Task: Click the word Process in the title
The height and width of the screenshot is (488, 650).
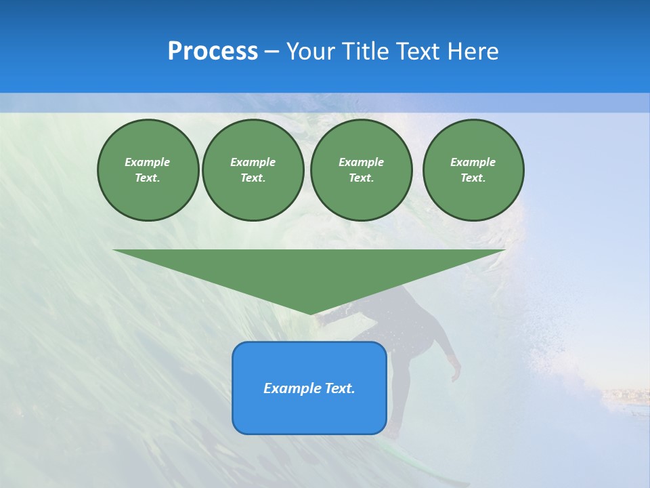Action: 213,52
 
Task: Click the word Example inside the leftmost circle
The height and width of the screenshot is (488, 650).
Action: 148,162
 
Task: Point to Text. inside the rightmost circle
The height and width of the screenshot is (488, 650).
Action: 473,178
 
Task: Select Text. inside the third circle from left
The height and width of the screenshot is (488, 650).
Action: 361,178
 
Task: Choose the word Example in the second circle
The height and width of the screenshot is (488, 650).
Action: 253,162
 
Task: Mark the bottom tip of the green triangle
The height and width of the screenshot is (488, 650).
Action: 310,313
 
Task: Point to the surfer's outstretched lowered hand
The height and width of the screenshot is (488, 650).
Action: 456,373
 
